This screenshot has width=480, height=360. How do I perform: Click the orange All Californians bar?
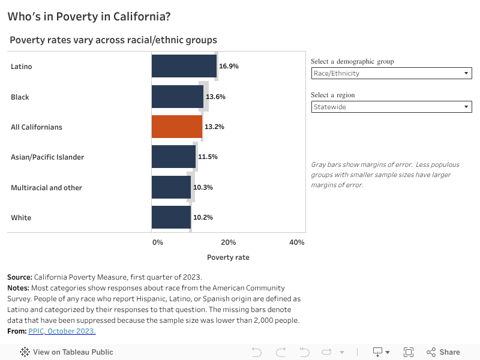tap(176, 127)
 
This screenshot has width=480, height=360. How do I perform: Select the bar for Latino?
tap(184, 66)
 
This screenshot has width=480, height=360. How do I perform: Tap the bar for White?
tap(171, 217)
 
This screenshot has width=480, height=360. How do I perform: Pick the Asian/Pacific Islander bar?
tap(173, 157)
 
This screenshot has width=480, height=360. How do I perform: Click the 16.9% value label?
tap(229, 66)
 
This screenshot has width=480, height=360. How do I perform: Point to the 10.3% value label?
tap(203, 187)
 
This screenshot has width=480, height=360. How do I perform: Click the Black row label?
tap(20, 97)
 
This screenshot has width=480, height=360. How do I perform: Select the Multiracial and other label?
tap(46, 187)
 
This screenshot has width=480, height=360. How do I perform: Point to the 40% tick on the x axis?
tap(296, 242)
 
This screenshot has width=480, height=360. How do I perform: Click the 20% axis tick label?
tap(228, 242)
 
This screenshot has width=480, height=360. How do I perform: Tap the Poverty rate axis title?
tap(228, 257)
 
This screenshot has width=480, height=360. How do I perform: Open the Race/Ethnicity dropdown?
tap(391, 73)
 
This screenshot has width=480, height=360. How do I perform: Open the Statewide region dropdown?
tap(391, 107)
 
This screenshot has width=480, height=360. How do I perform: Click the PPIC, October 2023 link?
tap(62, 331)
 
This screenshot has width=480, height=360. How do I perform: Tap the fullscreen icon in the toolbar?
tap(409, 352)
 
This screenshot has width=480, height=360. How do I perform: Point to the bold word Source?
tap(20, 277)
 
